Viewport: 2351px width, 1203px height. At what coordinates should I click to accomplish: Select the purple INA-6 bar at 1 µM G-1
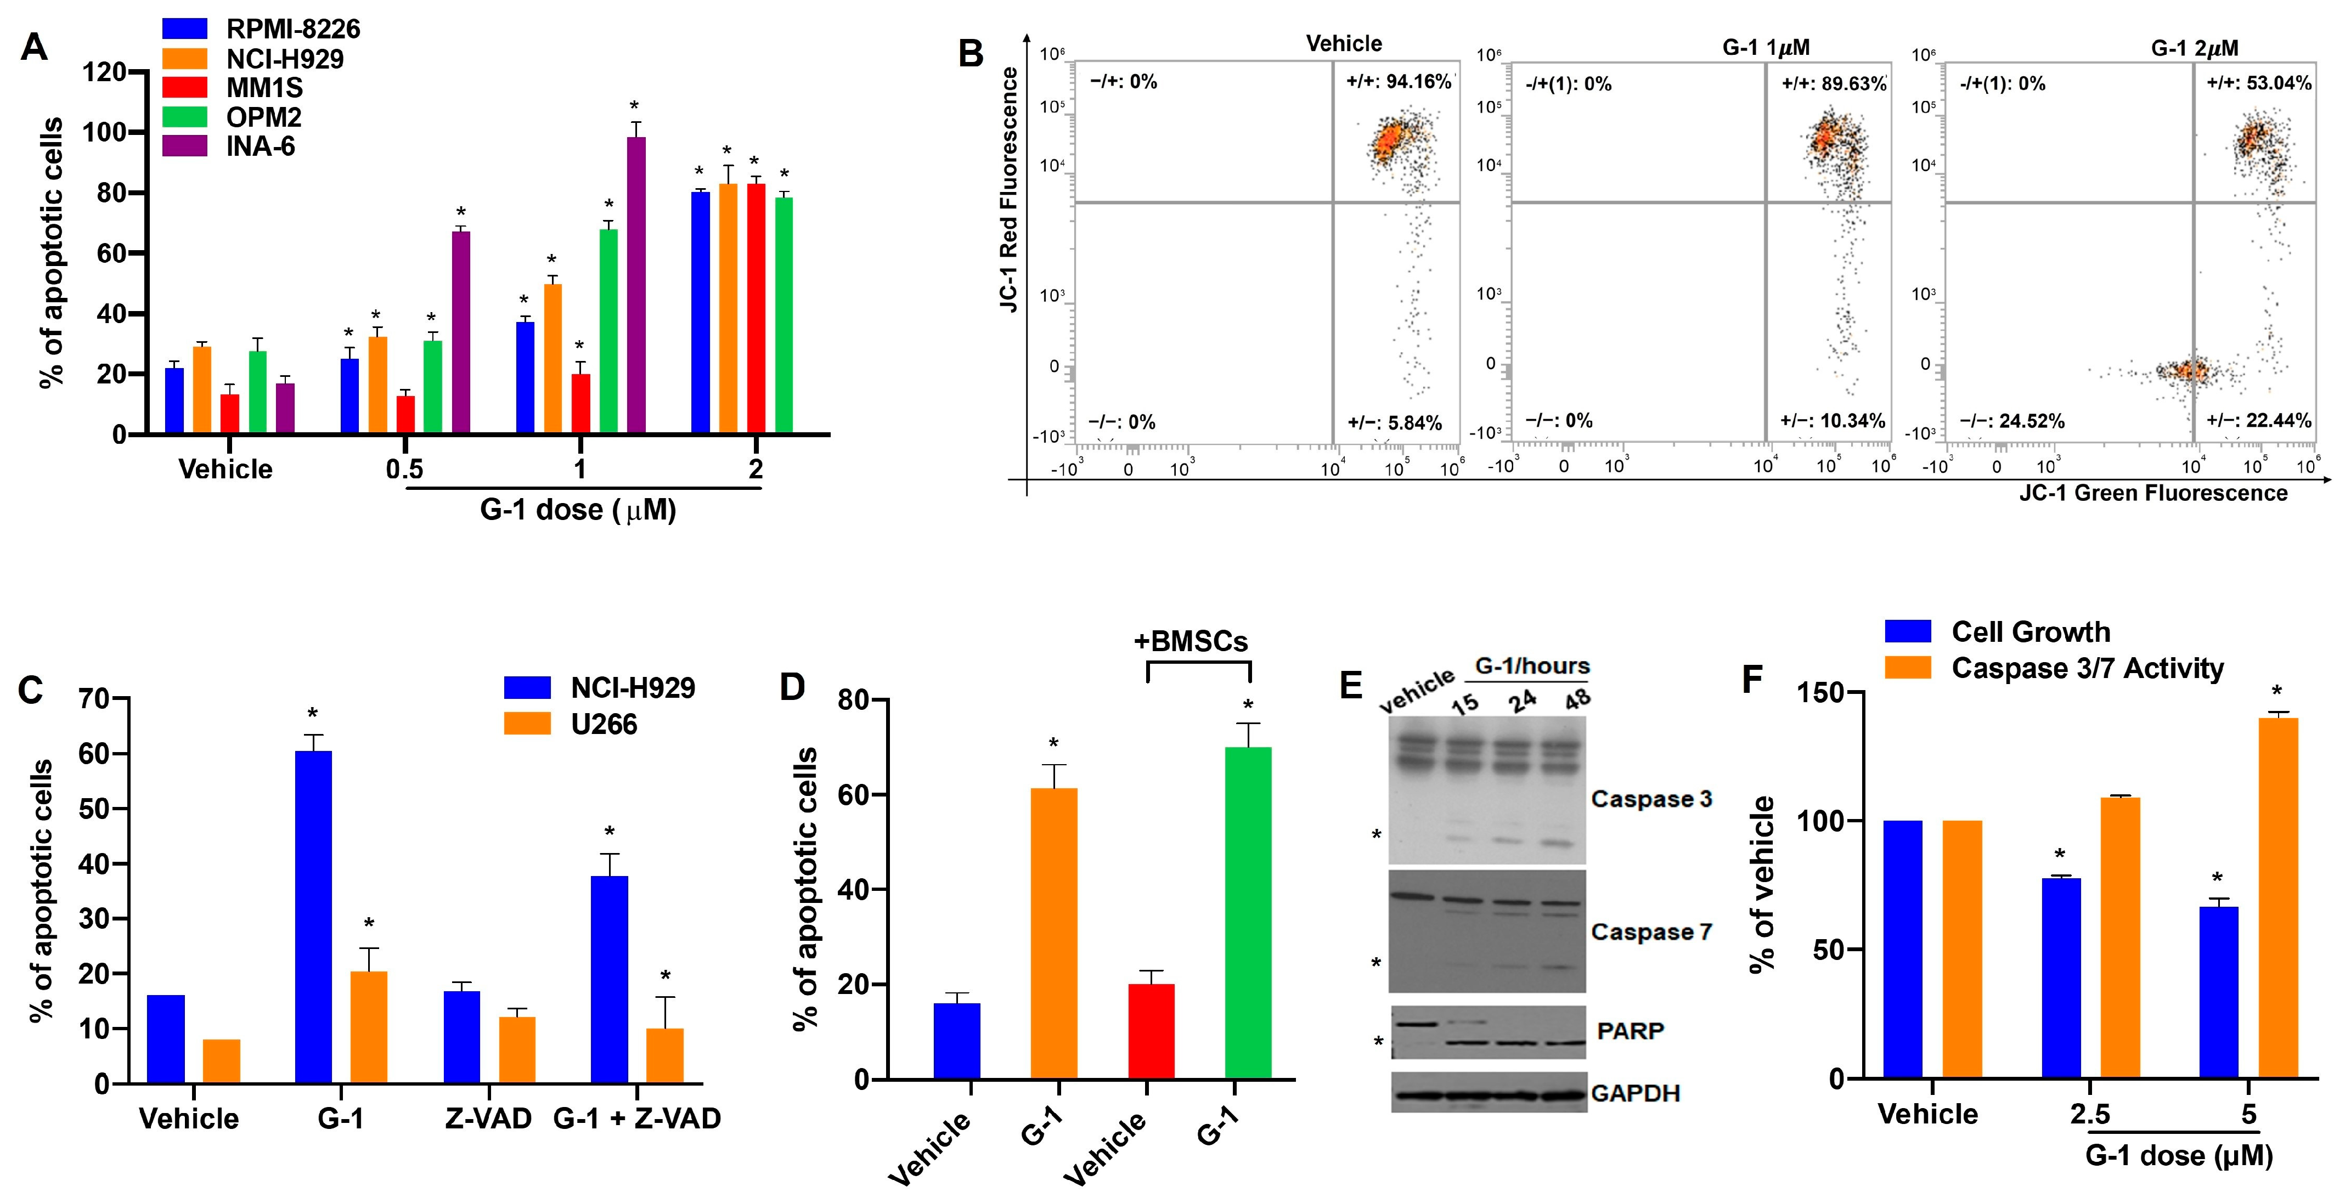point(636,285)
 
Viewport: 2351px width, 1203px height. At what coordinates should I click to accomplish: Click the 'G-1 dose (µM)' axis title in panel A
point(578,509)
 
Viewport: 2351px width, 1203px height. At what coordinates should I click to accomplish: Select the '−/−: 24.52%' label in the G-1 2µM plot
point(2011,421)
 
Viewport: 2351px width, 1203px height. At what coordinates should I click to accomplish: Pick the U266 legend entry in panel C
point(604,724)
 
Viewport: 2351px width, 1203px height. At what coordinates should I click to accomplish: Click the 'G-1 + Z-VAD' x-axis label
point(637,1118)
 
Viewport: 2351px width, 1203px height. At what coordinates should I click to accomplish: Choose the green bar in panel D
point(1248,913)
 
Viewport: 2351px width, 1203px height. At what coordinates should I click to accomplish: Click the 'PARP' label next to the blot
point(1630,1031)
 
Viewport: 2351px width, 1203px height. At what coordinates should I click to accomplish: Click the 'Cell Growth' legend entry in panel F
point(2029,631)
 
